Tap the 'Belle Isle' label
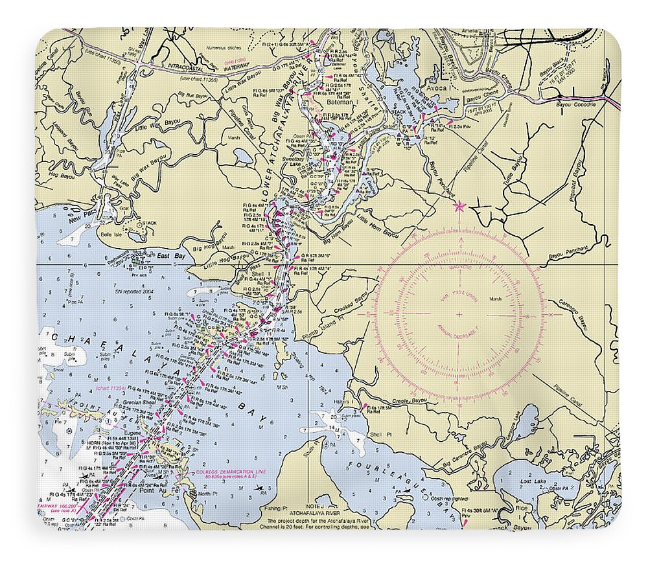point(110,235)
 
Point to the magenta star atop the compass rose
point(459,207)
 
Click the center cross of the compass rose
point(459,315)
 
